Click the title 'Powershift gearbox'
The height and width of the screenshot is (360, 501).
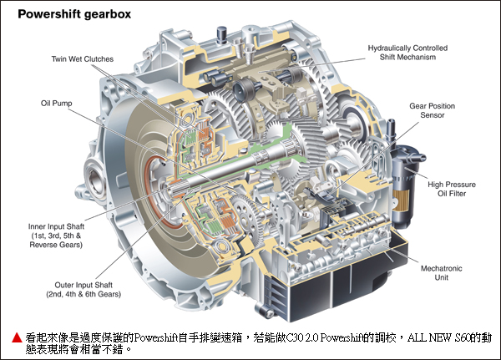pyautogui.click(x=74, y=14)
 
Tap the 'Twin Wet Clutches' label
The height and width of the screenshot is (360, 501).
pyautogui.click(x=83, y=59)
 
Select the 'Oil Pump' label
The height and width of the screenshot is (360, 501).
pyautogui.click(x=56, y=104)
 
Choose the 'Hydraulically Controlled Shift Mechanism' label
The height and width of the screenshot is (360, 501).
pyautogui.click(x=407, y=53)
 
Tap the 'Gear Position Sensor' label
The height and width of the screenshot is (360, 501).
pyautogui.click(x=433, y=110)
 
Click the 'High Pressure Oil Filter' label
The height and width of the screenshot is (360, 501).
pyautogui.click(x=452, y=189)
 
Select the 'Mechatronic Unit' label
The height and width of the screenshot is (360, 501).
pyautogui.click(x=441, y=273)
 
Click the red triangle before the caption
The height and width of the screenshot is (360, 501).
pyautogui.click(x=17, y=337)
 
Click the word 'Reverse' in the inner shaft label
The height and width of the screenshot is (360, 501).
pyautogui.click(x=43, y=245)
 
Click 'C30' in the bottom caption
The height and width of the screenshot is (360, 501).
pyautogui.click(x=294, y=337)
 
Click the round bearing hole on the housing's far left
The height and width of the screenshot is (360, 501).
pyautogui.click(x=94, y=181)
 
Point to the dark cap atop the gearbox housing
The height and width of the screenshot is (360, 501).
pyautogui.click(x=221, y=33)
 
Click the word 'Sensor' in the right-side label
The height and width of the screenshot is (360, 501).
pyautogui.click(x=433, y=115)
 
